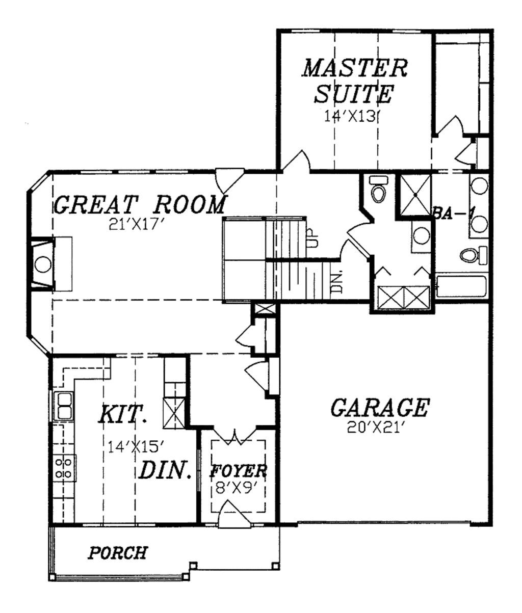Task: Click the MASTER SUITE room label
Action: point(355,81)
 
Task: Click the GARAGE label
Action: point(380,407)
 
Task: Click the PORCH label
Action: point(118,552)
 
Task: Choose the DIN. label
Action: point(165,471)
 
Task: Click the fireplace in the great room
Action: point(43,264)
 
